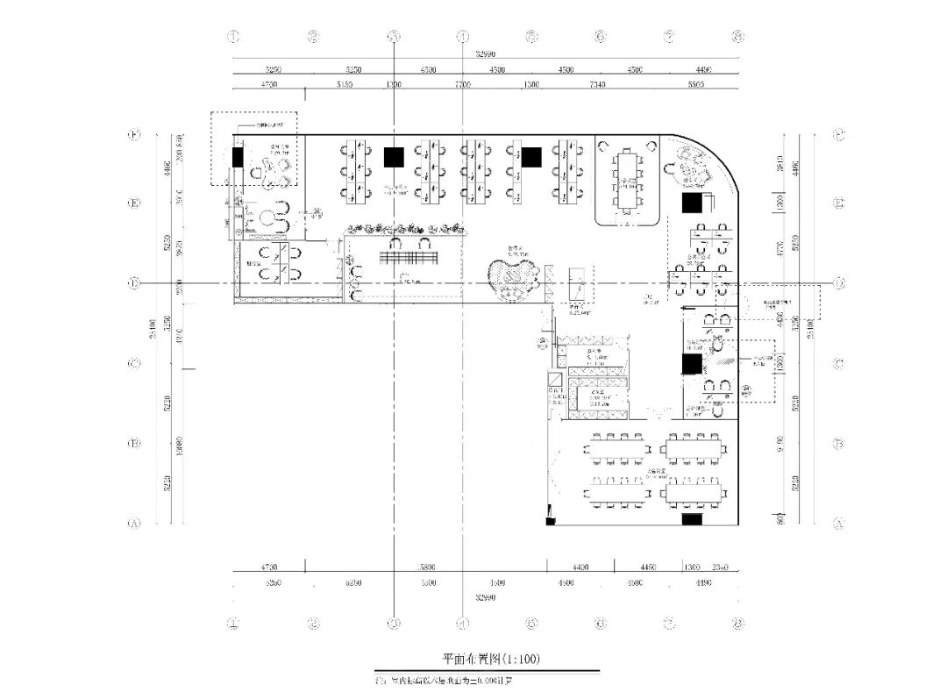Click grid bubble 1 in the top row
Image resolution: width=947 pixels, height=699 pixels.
tap(233, 37)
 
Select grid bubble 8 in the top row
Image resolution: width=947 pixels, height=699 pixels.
tap(738, 37)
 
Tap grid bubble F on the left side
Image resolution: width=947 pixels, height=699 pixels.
tap(135, 135)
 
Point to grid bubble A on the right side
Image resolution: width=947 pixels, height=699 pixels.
tap(838, 524)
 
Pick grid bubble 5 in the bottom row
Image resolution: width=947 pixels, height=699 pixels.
tap(531, 624)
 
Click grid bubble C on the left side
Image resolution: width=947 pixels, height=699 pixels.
tap(135, 363)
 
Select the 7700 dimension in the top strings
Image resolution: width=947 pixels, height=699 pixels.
tap(462, 84)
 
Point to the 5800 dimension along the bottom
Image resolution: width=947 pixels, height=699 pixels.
tap(427, 567)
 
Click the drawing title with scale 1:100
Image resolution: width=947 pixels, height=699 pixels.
tap(485, 658)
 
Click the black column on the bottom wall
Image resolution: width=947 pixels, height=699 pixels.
tap(692, 519)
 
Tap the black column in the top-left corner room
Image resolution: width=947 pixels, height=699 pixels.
tap(238, 157)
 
